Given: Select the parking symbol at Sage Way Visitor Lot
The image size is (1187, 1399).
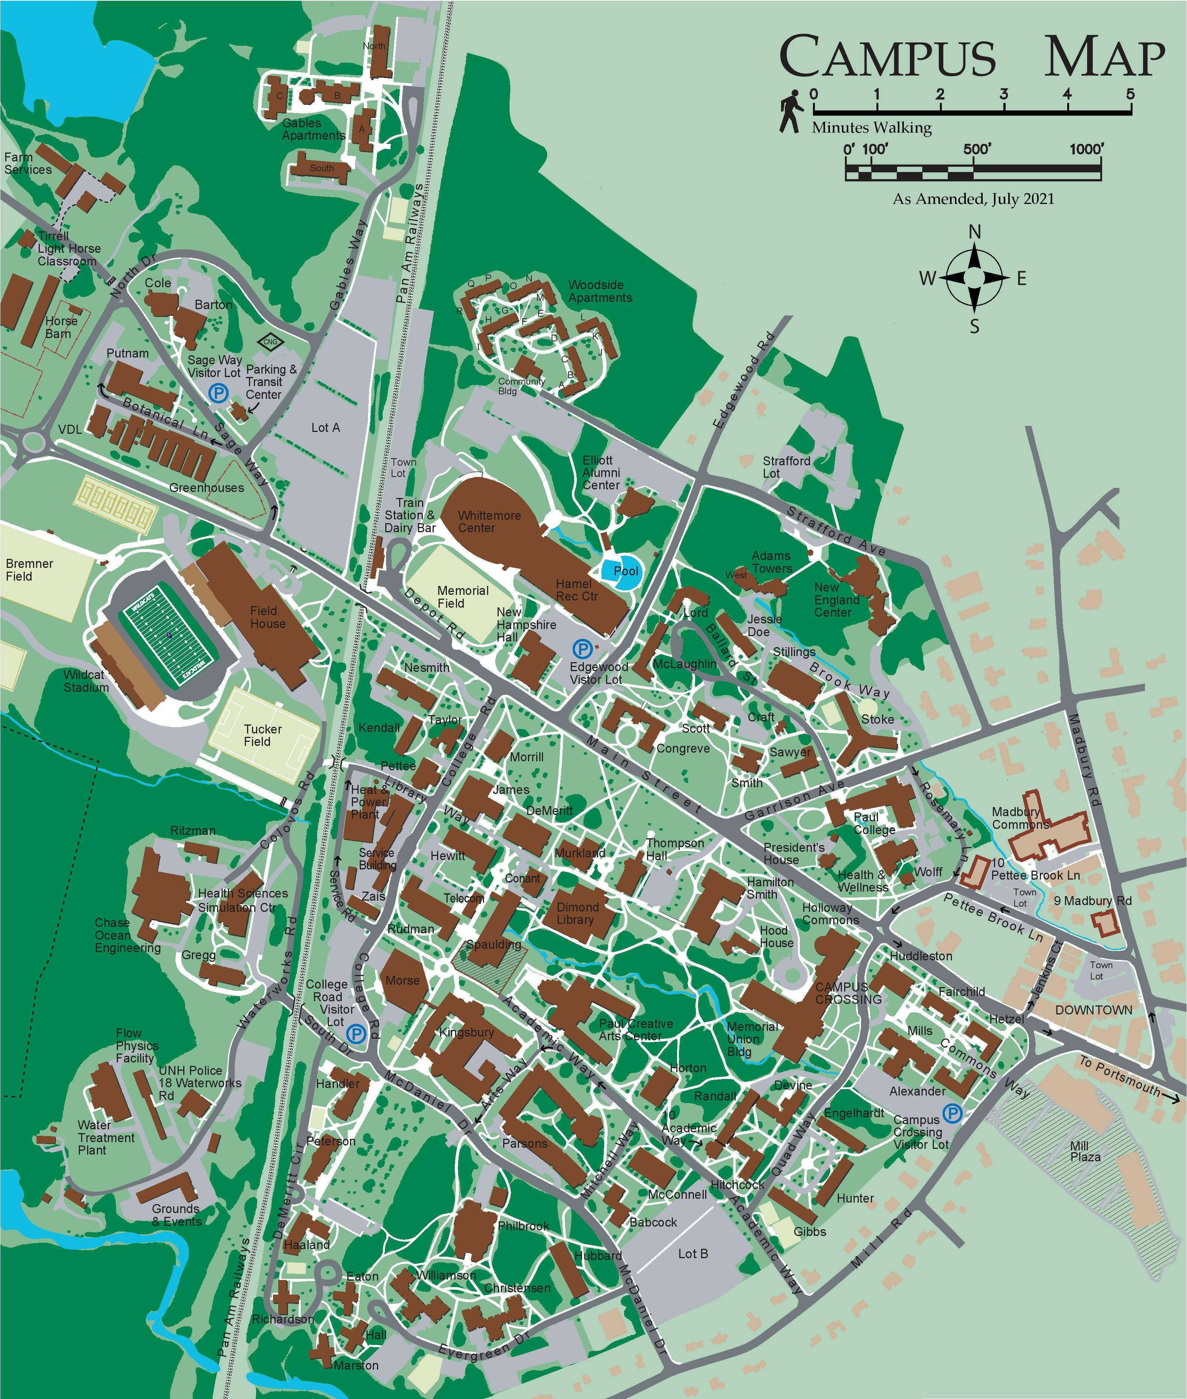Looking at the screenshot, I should point(217,393).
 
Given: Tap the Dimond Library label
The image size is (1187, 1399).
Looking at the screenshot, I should point(577,913).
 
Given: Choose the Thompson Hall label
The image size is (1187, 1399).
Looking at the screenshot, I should point(674,849).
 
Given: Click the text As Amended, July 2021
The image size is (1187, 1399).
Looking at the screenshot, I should point(973,199).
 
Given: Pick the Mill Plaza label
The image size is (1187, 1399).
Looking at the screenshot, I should point(1085,1151).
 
